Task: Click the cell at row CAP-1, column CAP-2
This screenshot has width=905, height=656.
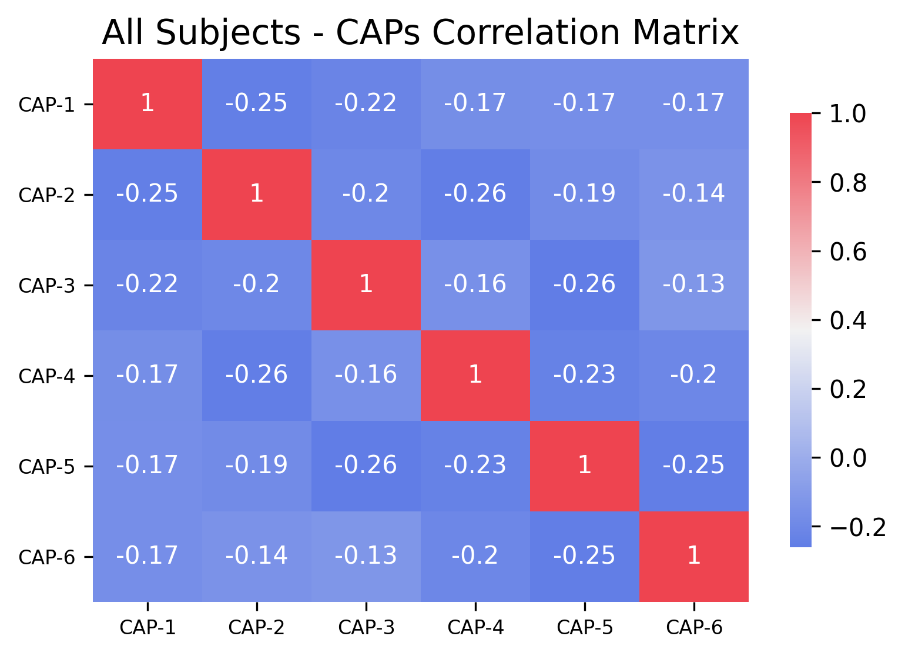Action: tap(257, 103)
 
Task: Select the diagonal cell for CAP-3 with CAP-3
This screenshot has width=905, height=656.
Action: tap(366, 285)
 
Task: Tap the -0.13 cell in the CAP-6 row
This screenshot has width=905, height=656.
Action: tap(366, 556)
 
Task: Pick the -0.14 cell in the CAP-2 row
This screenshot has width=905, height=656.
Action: tap(694, 194)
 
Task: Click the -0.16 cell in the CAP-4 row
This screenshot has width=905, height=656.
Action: tap(366, 375)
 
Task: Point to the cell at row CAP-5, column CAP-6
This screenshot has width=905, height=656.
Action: tap(694, 466)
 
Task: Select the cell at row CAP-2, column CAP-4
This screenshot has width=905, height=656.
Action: tap(475, 194)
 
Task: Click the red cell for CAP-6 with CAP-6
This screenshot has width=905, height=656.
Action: tap(694, 556)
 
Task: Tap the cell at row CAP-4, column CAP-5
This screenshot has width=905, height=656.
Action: tap(585, 375)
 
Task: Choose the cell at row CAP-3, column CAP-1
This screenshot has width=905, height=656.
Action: tap(148, 285)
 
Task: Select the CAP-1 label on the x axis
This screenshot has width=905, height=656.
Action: tap(148, 628)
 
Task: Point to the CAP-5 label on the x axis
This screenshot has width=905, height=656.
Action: tap(585, 628)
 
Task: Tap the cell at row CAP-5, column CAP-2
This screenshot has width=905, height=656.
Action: tap(257, 466)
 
